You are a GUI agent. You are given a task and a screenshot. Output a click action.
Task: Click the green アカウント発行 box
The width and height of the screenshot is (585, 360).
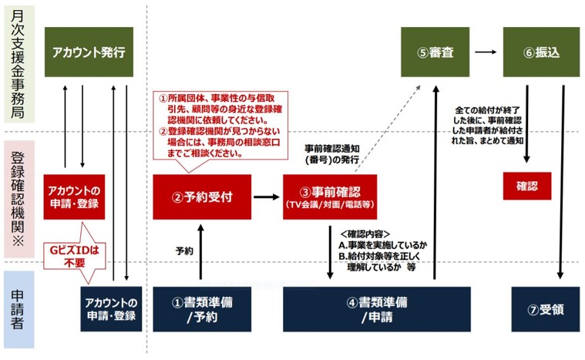[89, 52]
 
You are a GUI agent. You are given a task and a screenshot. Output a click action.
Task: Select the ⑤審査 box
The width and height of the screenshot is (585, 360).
[435, 52]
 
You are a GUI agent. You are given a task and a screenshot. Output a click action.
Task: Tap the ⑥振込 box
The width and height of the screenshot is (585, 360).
[541, 52]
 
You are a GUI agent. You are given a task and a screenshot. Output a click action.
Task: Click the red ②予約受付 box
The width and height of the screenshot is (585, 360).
[202, 197]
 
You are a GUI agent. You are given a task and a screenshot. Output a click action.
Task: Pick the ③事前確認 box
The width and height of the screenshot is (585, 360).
[330, 197]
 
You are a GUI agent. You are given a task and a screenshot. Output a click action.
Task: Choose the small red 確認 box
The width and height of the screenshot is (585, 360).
[526, 186]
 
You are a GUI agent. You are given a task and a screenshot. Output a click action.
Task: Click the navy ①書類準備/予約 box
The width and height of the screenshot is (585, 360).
[202, 309]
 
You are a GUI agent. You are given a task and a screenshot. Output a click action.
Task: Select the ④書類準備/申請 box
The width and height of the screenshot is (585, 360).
[377, 309]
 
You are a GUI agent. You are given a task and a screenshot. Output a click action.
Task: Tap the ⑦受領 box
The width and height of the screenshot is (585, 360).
[546, 309]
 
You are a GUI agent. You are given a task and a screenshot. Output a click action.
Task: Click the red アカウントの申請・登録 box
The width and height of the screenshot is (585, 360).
[74, 197]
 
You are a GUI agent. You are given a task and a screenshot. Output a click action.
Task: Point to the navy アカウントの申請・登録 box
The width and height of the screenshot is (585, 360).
[111, 309]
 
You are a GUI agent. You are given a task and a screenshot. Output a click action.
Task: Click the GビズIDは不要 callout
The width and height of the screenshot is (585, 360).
[75, 256]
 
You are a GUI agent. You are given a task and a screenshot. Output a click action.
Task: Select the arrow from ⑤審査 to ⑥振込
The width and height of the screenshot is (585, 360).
[486, 52]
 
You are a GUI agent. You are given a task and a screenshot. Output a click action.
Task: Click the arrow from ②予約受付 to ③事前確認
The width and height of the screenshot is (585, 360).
[267, 197]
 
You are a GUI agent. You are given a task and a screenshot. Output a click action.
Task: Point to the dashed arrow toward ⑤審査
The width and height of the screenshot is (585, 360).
[388, 129]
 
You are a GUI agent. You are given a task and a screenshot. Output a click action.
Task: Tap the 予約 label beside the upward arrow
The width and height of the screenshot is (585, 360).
[184, 251]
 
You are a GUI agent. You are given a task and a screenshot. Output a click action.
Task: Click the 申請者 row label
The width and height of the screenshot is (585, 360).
[18, 309]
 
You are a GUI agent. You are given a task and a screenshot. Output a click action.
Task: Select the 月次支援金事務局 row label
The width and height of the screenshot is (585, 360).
[18, 64]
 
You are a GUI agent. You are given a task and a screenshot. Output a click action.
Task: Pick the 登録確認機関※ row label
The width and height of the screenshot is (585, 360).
[18, 199]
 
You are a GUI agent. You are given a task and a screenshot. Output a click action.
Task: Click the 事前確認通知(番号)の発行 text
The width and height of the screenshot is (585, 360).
[332, 154]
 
